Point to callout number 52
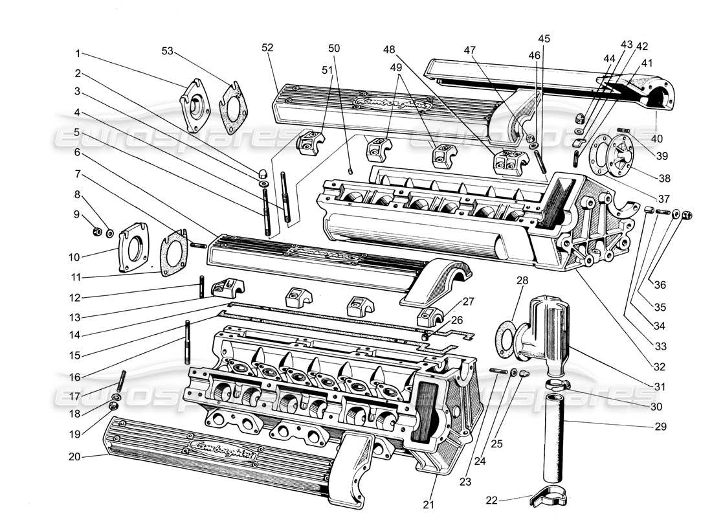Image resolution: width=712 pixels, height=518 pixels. [x=268, y=47]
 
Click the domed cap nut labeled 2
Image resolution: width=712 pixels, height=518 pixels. [x=265, y=174]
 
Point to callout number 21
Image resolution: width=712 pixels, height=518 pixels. [x=428, y=504]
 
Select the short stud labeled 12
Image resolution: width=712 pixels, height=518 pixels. [x=203, y=287]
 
